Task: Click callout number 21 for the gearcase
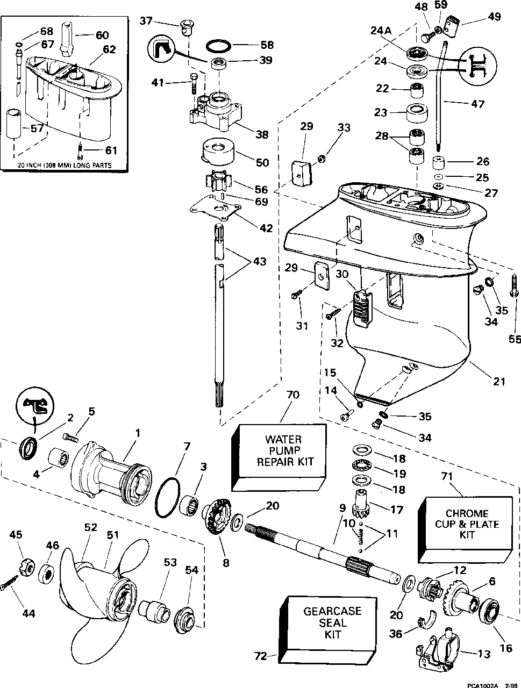pyautogui.click(x=499, y=382)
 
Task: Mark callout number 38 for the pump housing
pyautogui.click(x=262, y=134)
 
